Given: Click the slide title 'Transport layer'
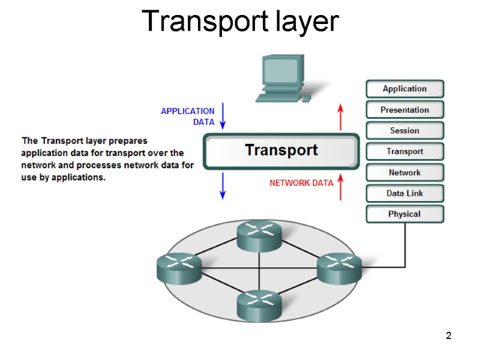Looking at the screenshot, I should pyautogui.click(x=241, y=22).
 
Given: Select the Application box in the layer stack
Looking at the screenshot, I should pyautogui.click(x=404, y=89).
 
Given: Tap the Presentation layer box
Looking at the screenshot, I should pyautogui.click(x=404, y=110).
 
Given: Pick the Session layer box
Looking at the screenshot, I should pyautogui.click(x=404, y=131).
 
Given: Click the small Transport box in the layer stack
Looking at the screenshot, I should pyautogui.click(x=404, y=152).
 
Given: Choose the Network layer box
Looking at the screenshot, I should pyautogui.click(x=404, y=173).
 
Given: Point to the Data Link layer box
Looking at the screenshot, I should pyautogui.click(x=404, y=193).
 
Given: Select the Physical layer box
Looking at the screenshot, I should pyautogui.click(x=404, y=214).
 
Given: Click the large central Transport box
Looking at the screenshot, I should pyautogui.click(x=281, y=151).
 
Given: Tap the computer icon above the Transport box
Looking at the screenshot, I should pyautogui.click(x=282, y=78).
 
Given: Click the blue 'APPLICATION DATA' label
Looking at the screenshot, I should pyautogui.click(x=188, y=116).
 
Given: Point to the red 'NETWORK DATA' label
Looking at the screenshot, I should pyautogui.click(x=301, y=183).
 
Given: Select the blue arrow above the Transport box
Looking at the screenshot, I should pyautogui.click(x=223, y=115).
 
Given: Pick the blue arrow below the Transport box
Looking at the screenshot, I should pyautogui.click(x=223, y=185).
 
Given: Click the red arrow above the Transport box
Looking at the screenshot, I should pyautogui.click(x=340, y=117).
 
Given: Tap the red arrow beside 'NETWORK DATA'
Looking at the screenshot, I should pyautogui.click(x=340, y=186).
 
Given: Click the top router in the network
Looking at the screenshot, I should pyautogui.click(x=259, y=235).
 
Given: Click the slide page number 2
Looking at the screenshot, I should pyautogui.click(x=448, y=335).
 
